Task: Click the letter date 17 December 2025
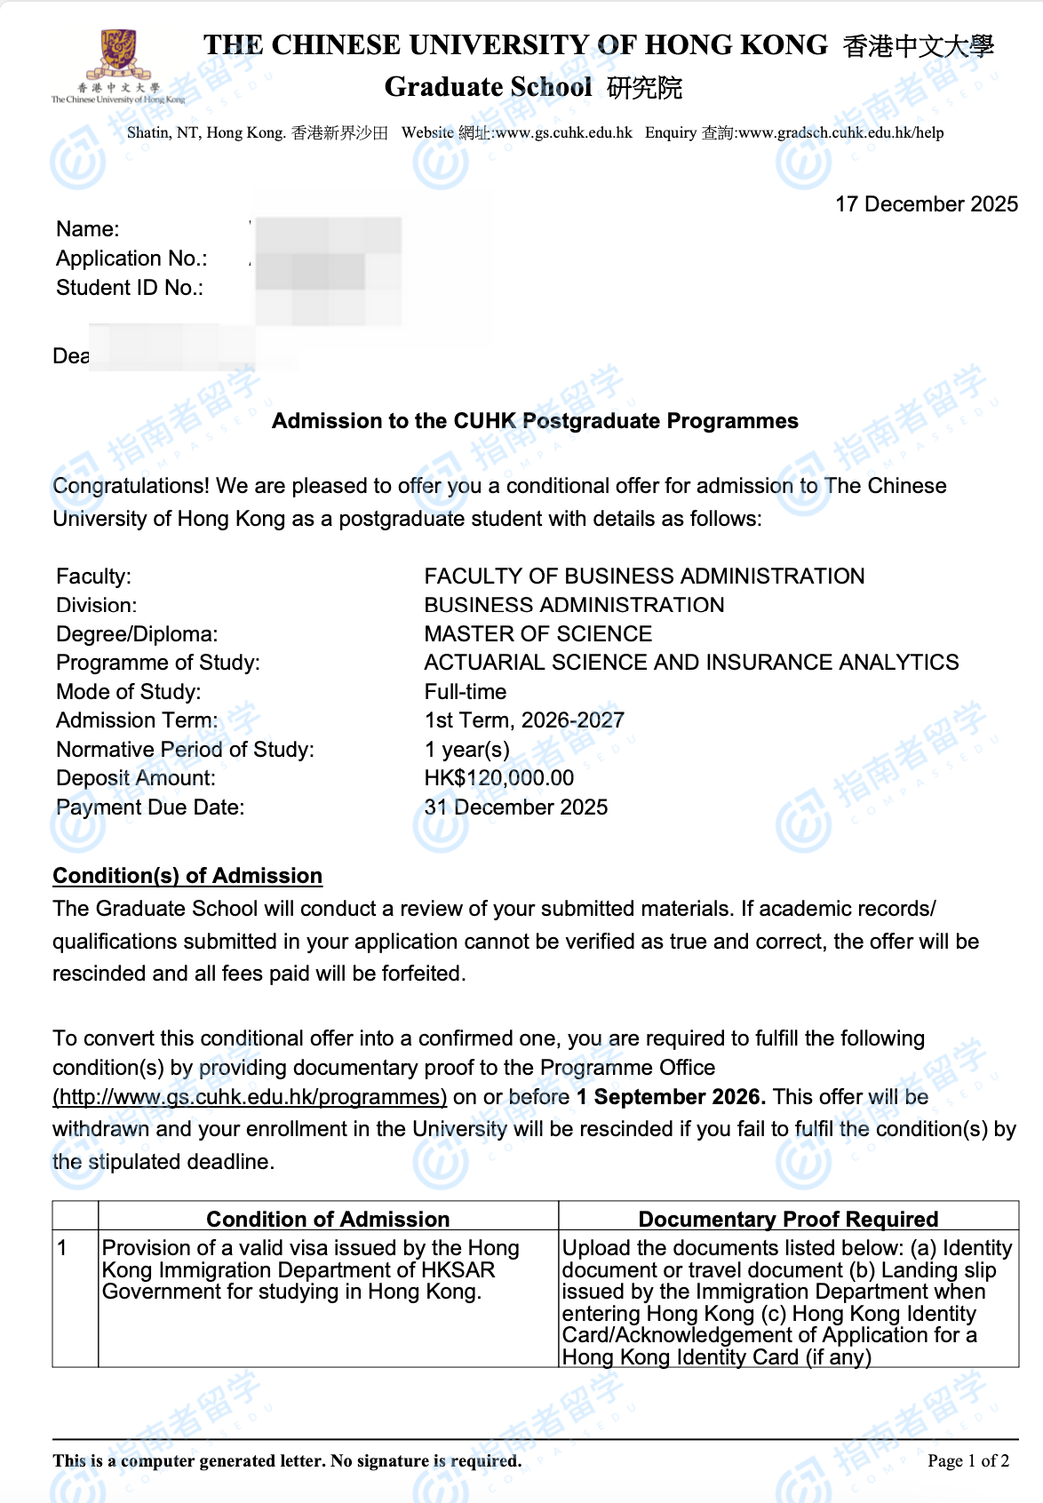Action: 926,204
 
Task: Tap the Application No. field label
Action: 131,258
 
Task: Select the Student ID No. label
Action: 130,288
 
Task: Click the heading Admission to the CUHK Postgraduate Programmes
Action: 535,421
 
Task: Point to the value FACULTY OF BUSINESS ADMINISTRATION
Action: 644,577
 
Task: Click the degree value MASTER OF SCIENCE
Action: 537,634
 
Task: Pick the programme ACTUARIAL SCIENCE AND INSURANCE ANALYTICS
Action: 691,663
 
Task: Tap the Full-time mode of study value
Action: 466,692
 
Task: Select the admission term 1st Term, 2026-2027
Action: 524,720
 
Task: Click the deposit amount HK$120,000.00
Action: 499,778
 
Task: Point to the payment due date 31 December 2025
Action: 516,807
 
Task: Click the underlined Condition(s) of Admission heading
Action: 187,876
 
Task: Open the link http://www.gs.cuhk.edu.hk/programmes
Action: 250,1097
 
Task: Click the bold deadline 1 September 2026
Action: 671,1097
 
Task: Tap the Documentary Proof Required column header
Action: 788,1219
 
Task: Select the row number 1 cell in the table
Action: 63,1248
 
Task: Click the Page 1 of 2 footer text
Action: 967,1461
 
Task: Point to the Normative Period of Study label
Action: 185,750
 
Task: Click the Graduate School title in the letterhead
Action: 488,87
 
